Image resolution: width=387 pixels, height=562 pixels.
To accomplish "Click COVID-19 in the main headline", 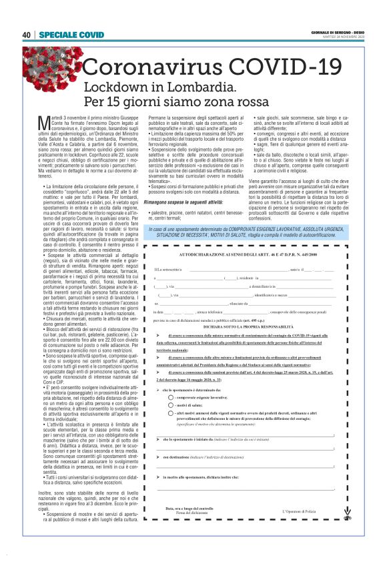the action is [x=290, y=68].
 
